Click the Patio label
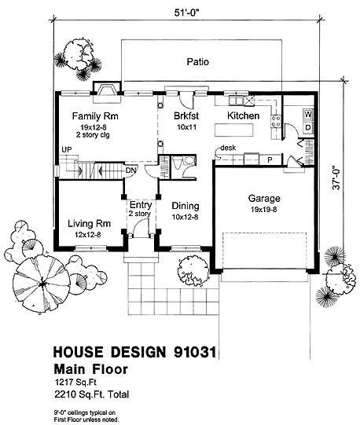(x=198, y=62)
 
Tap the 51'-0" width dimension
(x=187, y=13)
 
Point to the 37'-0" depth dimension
(x=336, y=178)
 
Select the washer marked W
(x=308, y=115)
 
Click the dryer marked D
(x=308, y=127)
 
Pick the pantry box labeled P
(x=270, y=160)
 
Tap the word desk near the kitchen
(x=228, y=148)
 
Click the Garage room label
(x=264, y=199)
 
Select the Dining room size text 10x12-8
(x=186, y=217)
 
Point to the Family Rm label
(x=95, y=116)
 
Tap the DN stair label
(x=130, y=170)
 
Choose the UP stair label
(x=67, y=150)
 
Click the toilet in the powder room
(x=177, y=163)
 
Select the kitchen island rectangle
(x=234, y=130)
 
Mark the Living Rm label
(x=89, y=224)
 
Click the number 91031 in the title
(x=195, y=352)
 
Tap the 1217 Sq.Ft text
(x=75, y=382)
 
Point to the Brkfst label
(x=186, y=116)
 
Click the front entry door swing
(x=141, y=228)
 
